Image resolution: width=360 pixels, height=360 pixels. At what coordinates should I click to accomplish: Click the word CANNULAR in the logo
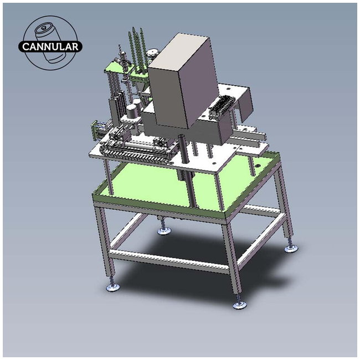(x=50, y=47)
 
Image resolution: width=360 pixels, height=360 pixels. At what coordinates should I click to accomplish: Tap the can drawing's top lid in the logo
(x=42, y=29)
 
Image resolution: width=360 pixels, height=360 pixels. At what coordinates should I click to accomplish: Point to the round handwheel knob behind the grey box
(x=152, y=54)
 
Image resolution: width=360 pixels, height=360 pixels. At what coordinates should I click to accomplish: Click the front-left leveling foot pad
(x=113, y=287)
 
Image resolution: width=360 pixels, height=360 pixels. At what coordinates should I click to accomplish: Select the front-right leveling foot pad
(x=240, y=305)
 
